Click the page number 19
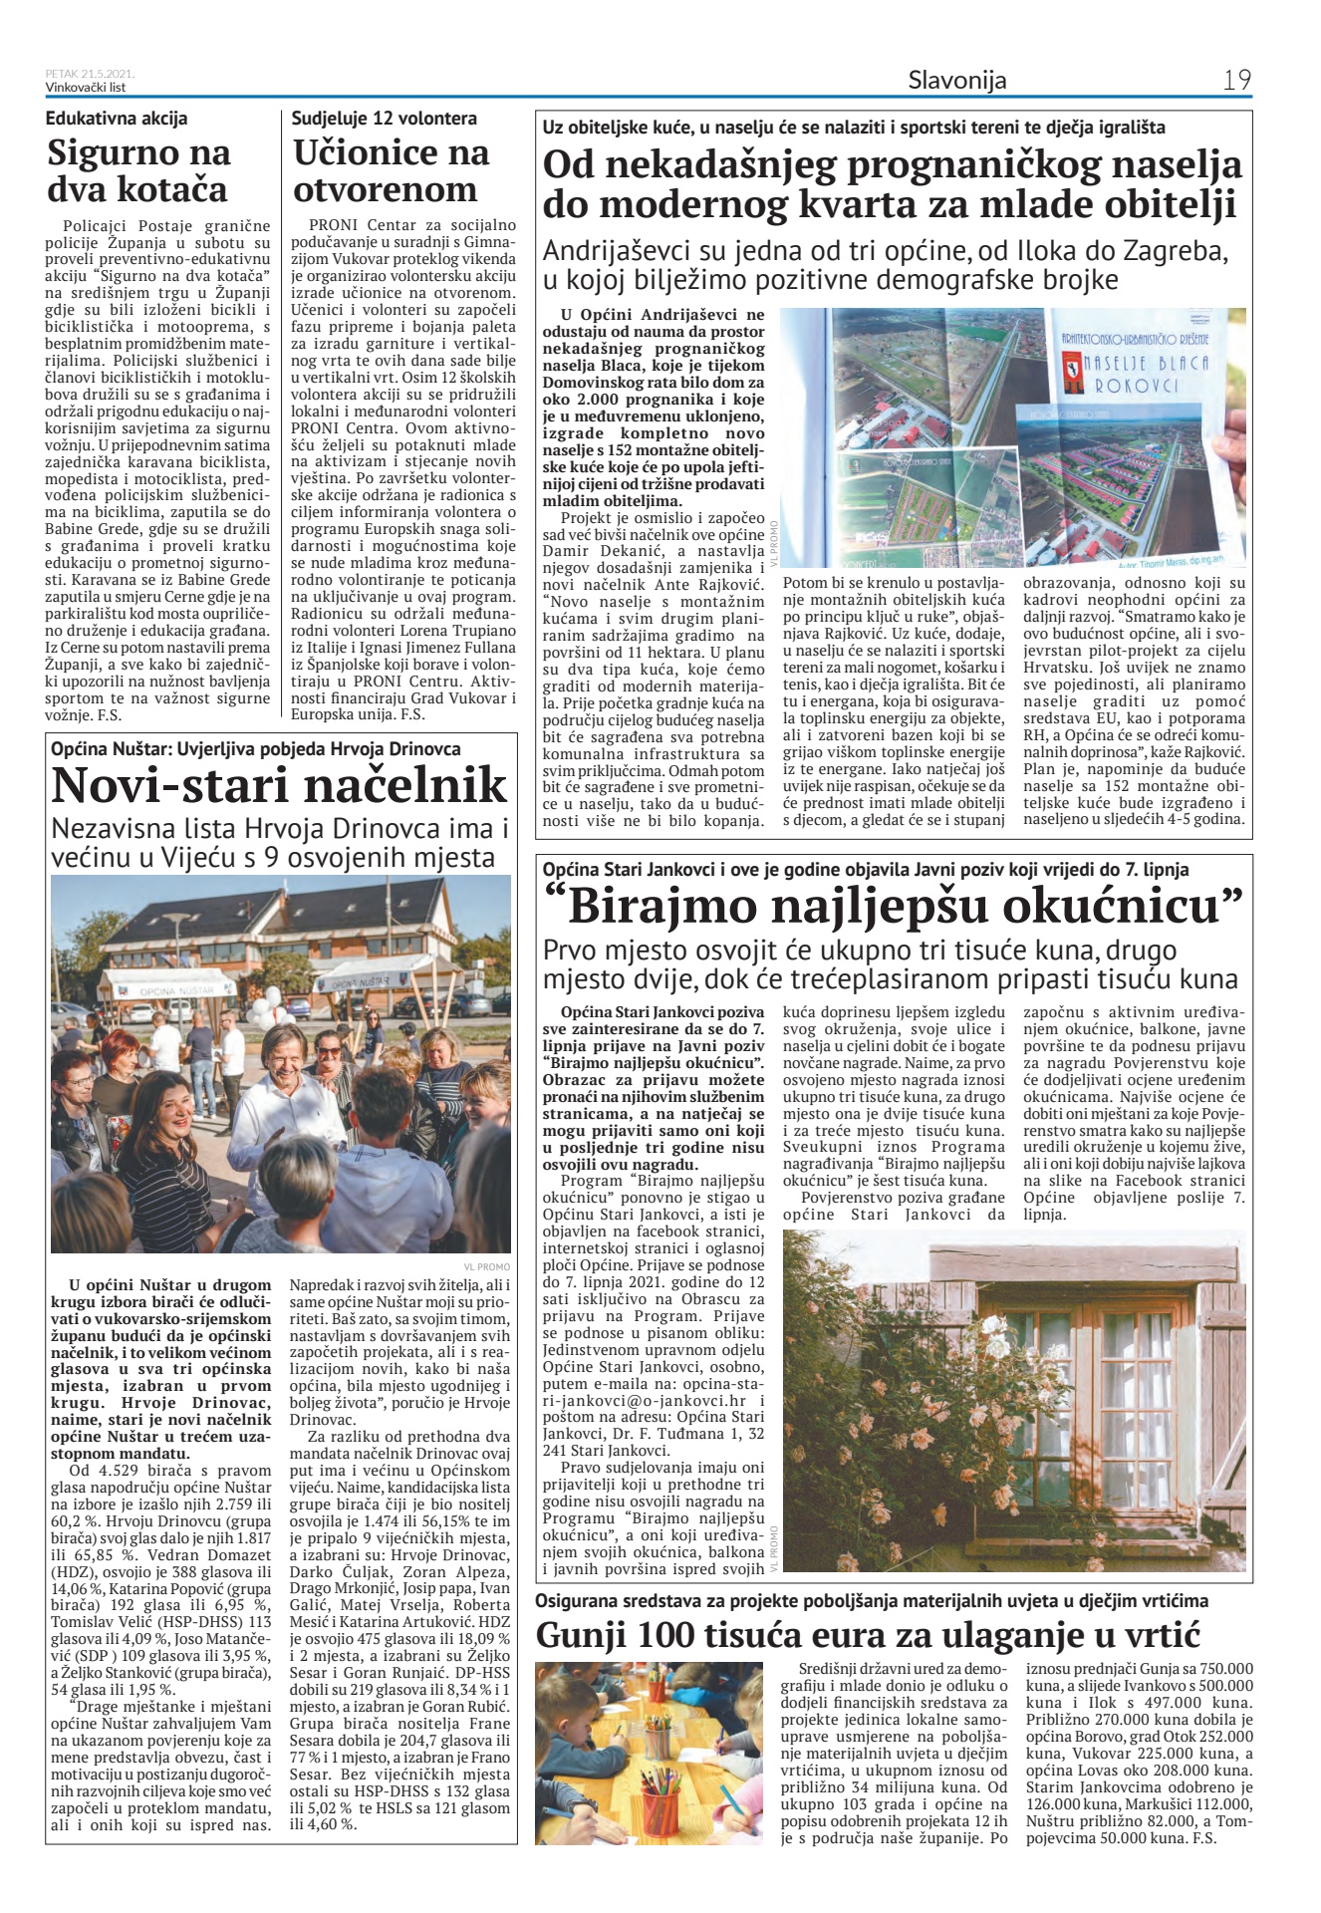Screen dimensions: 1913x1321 [1236, 80]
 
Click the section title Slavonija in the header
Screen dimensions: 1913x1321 [956, 80]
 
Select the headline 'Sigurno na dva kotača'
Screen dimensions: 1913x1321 [138, 171]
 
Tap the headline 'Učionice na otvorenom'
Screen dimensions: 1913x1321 [391, 171]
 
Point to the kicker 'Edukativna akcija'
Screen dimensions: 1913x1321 [117, 119]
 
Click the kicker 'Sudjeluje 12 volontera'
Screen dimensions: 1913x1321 [384, 119]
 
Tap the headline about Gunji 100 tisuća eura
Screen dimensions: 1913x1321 [867, 1635]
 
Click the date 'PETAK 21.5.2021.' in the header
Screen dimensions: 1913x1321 [90, 74]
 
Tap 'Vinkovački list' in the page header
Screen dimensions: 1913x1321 [86, 87]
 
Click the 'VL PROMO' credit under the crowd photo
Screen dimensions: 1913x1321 [487, 1266]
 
